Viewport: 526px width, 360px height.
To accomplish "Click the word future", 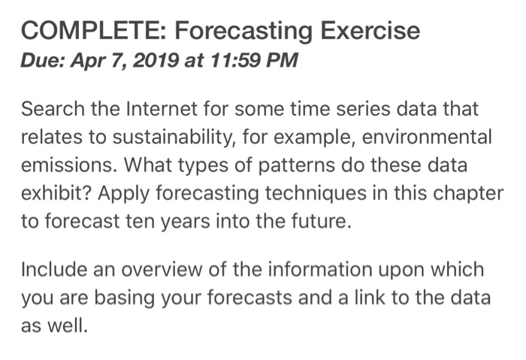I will [x=319, y=222].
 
